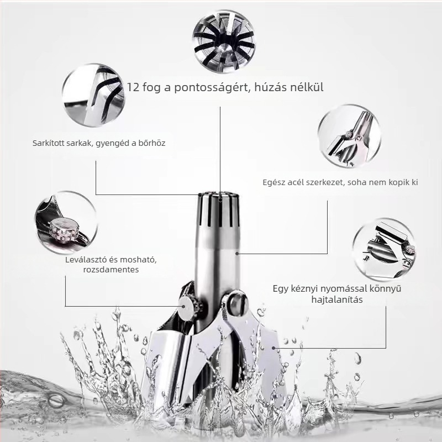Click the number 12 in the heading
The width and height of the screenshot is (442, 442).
pos(133,87)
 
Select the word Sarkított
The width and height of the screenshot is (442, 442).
pos(48,143)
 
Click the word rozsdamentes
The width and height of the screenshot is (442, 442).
pos(111,270)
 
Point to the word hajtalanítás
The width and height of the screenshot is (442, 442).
pos(337,299)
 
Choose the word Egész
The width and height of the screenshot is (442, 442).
pos(274,183)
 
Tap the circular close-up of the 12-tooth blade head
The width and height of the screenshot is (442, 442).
pos(224,41)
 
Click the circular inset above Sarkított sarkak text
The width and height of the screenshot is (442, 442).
pos(93,95)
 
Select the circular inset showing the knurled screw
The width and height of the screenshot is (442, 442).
pos(66,223)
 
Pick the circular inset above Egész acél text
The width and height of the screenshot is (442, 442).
pos(350,136)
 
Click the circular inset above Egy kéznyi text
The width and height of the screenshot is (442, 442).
pos(384,250)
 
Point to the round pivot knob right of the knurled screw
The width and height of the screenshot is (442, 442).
pos(238,303)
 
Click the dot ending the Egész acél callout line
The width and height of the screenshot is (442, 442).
pos(237,254)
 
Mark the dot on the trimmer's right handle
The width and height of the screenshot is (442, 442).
pos(273,348)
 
